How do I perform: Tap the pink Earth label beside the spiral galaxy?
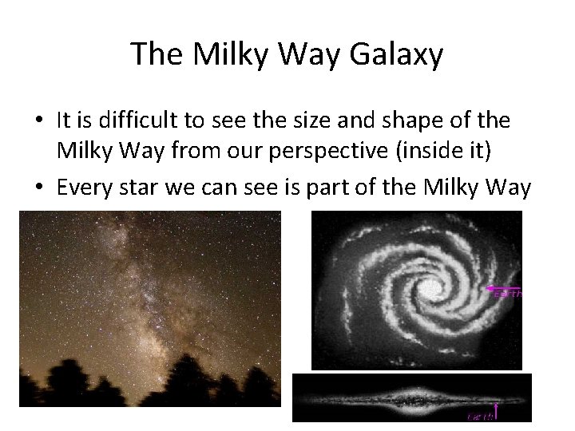507,294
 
